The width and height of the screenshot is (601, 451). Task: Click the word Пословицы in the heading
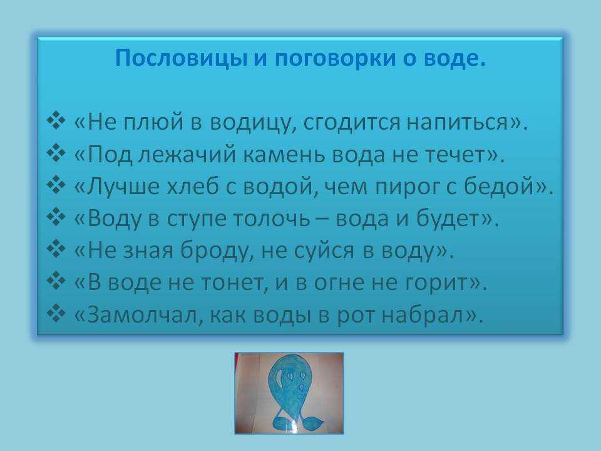click(x=180, y=59)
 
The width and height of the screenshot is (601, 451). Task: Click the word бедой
click(x=499, y=186)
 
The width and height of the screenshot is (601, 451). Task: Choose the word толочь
click(x=271, y=219)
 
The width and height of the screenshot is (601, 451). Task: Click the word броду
click(x=215, y=252)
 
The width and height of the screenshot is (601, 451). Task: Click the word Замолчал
click(x=143, y=315)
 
